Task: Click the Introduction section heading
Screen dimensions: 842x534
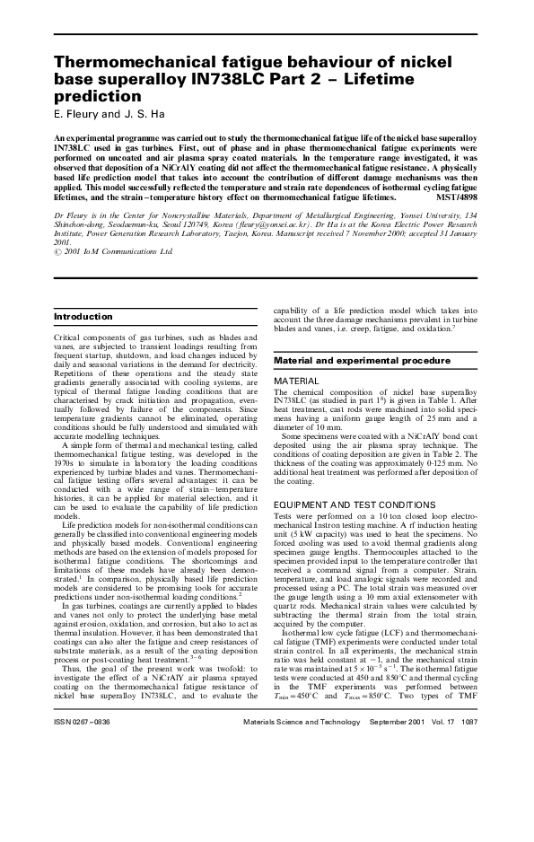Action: click(83, 317)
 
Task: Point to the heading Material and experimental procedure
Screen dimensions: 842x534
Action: click(362, 360)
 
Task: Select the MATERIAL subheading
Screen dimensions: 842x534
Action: click(295, 381)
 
